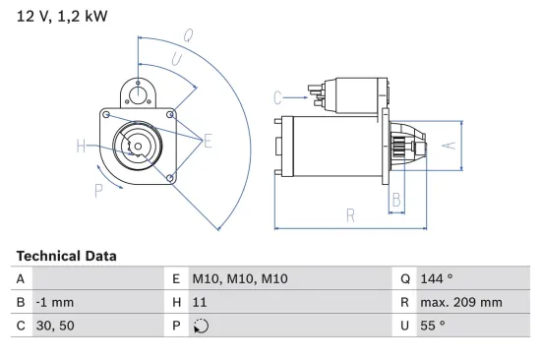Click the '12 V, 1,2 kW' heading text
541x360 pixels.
click(62, 17)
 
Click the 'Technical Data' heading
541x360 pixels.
click(66, 256)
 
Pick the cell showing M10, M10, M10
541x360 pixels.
click(240, 279)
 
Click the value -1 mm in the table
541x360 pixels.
click(54, 303)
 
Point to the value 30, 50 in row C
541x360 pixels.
click(53, 326)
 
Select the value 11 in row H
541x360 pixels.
click(199, 303)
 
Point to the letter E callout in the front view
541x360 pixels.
click(208, 142)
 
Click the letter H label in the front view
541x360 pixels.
click(81, 148)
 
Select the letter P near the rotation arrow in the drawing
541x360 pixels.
click(98, 189)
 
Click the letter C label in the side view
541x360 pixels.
click(278, 96)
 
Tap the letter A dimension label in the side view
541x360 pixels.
click(447, 145)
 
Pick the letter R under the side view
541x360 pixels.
click(350, 213)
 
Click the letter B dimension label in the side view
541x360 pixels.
click(396, 200)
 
